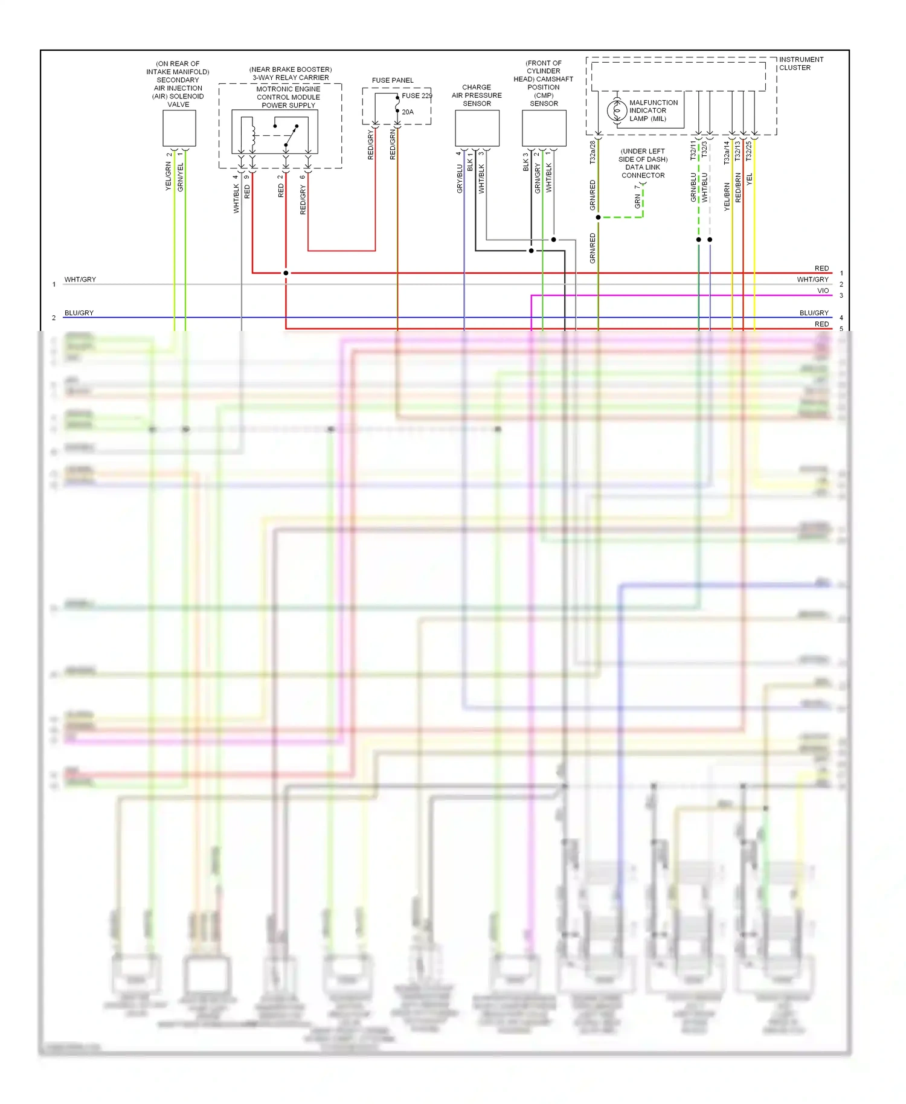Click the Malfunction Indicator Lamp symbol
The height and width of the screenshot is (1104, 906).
coord(617,111)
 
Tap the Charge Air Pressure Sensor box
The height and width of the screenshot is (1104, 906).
coord(477,128)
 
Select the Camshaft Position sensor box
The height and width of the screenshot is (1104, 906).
coord(544,128)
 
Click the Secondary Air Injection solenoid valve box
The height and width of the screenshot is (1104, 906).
coord(179,128)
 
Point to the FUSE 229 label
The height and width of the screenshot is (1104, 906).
coord(417,95)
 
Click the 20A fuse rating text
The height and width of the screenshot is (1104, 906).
coord(408,112)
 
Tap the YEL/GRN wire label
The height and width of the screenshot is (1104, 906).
coord(169,177)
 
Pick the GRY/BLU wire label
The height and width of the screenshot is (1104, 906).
coord(460,179)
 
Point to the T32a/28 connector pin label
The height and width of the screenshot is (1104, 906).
coord(593,153)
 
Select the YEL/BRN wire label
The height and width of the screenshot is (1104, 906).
coord(727,197)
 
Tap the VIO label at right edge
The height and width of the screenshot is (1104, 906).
coord(823,290)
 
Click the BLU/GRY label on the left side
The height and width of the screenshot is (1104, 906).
coord(79,313)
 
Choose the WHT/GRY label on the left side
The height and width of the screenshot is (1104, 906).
coord(80,280)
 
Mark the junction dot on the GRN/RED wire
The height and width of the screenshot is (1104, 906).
coord(598,217)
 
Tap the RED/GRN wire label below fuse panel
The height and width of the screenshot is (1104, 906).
coord(393,145)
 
